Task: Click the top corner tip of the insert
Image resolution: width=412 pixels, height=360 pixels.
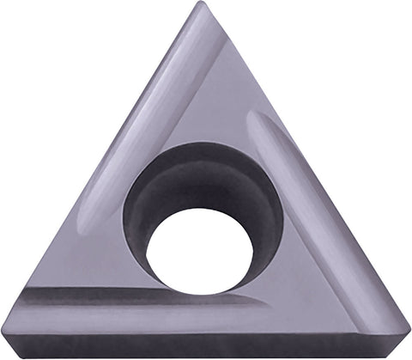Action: (x=201, y=5)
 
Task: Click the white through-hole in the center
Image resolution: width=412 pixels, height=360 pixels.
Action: (x=199, y=250)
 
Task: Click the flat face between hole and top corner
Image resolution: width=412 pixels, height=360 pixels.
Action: (x=206, y=103)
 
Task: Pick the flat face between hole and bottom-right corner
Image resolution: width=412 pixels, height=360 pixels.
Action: (x=318, y=292)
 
